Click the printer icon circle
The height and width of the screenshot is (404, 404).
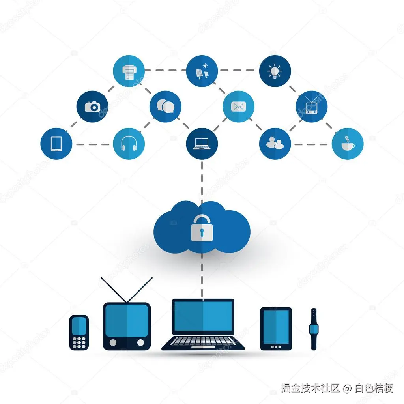pyautogui.click(x=129, y=71)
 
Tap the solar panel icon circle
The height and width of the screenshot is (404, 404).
pyautogui.click(x=202, y=71)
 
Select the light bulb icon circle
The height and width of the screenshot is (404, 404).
pyautogui.click(x=275, y=71)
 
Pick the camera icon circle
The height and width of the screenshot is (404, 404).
pyautogui.click(x=92, y=107)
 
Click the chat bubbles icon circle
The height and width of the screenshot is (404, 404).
pyautogui.click(x=165, y=107)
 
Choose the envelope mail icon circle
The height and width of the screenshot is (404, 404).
pyautogui.click(x=238, y=107)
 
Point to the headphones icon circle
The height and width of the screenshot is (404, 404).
pyautogui.click(x=129, y=144)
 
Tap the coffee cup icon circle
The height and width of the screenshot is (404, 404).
pyautogui.click(x=348, y=144)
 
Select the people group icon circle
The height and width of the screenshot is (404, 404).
pyautogui.click(x=275, y=144)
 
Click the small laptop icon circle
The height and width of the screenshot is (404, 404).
pyautogui.click(x=202, y=144)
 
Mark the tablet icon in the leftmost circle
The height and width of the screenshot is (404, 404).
pyautogui.click(x=56, y=144)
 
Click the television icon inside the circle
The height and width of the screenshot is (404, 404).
pyautogui.click(x=311, y=107)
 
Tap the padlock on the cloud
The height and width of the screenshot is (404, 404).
pyautogui.click(x=202, y=229)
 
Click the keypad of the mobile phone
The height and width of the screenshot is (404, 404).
pyautogui.click(x=79, y=342)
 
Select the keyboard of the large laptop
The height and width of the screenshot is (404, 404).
pyautogui.click(x=203, y=341)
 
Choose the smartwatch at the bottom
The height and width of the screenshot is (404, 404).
pyautogui.click(x=314, y=329)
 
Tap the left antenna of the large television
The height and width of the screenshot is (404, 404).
pyautogui.click(x=114, y=290)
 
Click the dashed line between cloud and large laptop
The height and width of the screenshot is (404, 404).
pyautogui.click(x=202, y=276)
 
